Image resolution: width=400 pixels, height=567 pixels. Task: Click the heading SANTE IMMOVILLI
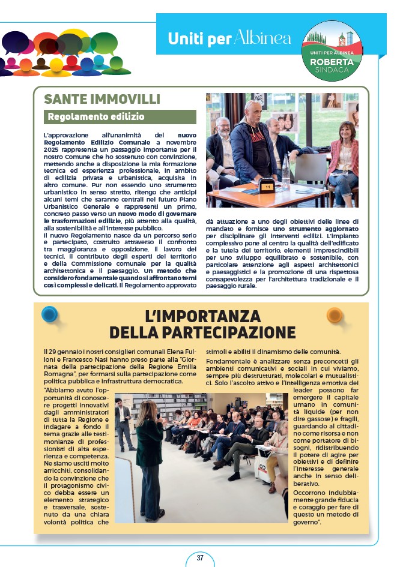(102, 100)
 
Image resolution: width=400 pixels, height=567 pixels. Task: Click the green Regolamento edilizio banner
(120, 116)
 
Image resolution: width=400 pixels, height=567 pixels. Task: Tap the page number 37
(200, 557)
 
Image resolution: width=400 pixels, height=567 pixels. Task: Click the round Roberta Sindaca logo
(332, 50)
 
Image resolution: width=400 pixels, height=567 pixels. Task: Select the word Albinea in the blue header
(263, 38)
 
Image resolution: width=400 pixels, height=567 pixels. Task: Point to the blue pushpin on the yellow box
(50, 314)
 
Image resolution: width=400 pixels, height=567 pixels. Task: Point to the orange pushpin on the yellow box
(334, 314)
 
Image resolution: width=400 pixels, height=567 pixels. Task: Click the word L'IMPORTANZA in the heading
(202, 316)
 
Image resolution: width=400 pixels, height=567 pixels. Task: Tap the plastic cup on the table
(215, 185)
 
